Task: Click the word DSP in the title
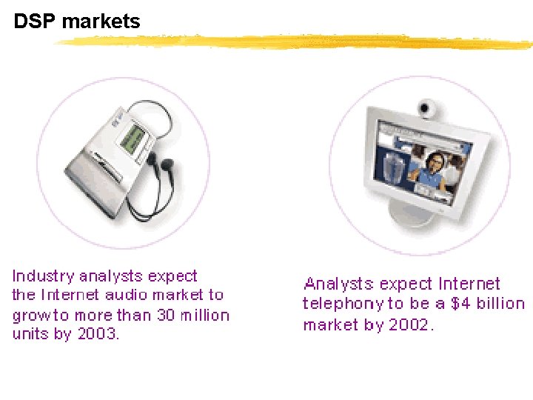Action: click(36, 22)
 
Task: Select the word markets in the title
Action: click(101, 22)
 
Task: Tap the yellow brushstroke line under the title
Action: click(296, 41)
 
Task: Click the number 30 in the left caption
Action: click(166, 315)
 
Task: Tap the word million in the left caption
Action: click(205, 315)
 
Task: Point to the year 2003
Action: click(98, 334)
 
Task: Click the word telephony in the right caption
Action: click(343, 304)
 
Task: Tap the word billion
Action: click(500, 304)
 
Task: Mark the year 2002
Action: click(407, 324)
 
